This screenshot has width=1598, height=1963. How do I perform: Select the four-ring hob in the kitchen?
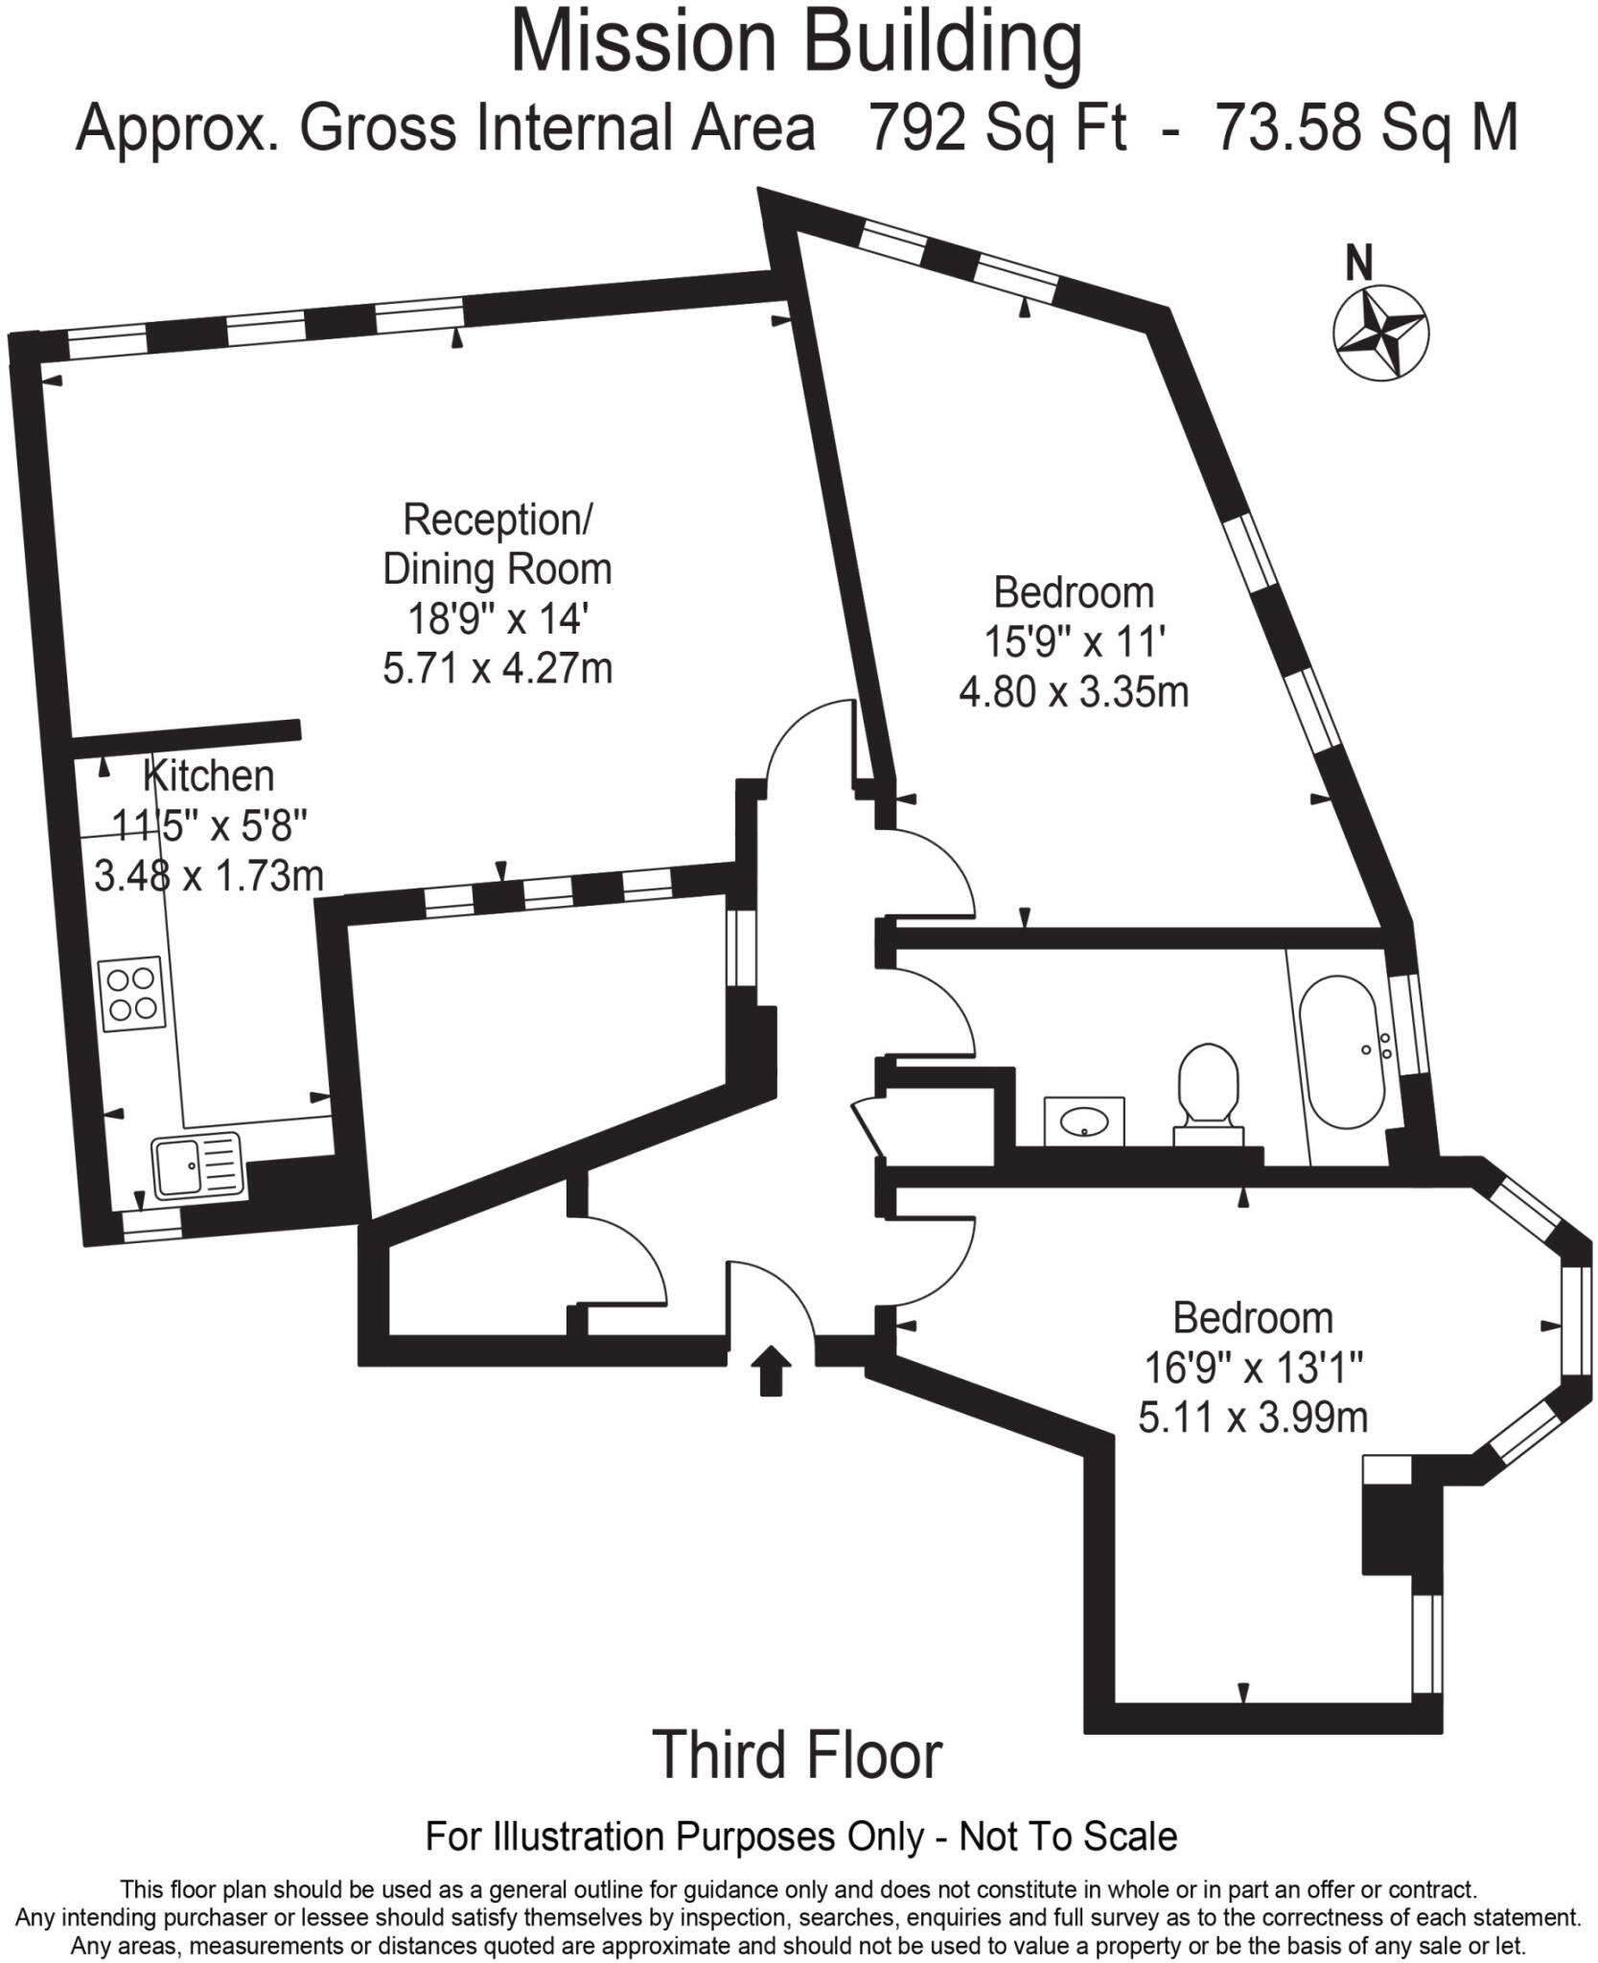coord(132,994)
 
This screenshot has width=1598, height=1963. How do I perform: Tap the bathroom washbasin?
coord(1084,1120)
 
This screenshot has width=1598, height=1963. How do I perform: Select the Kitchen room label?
coord(209,775)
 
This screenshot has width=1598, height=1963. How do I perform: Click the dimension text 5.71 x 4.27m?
coord(498,668)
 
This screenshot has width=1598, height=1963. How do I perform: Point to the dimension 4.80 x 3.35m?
coord(1074,691)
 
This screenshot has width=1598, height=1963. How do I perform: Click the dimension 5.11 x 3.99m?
coord(1253,1417)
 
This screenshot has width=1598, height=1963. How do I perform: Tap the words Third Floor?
coord(798,1755)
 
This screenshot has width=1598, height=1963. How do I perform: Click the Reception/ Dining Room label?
coord(498,544)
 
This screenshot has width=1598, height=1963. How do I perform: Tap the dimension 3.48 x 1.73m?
coord(209,875)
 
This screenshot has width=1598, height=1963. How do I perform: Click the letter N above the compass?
coord(1358,264)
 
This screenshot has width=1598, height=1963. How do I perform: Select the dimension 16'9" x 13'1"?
coord(1253,1368)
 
